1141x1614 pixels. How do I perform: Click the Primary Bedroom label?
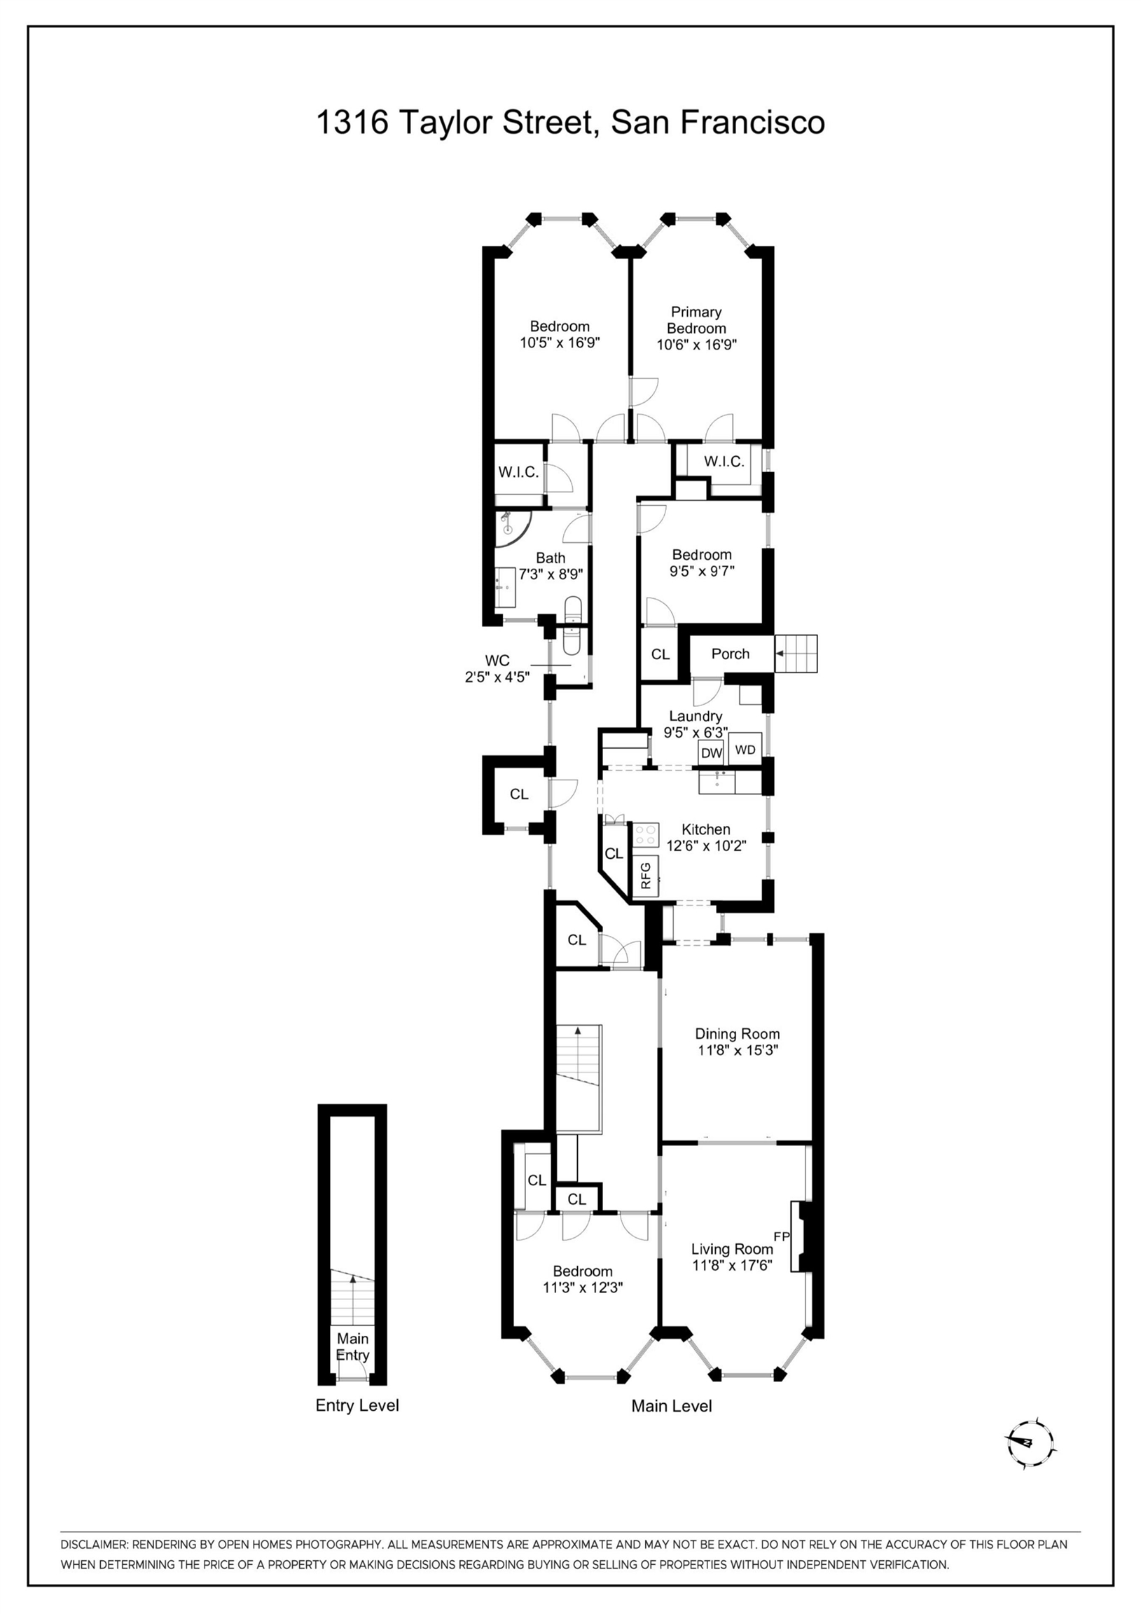point(696,320)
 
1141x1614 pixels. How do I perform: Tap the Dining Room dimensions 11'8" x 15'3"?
point(738,1050)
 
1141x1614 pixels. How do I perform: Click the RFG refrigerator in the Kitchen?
point(646,875)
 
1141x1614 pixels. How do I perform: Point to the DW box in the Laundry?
point(712,752)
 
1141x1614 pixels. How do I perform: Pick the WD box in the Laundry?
point(745,750)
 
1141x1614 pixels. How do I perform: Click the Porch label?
point(731,654)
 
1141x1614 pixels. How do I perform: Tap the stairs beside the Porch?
point(796,654)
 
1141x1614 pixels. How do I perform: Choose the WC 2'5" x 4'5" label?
point(497,668)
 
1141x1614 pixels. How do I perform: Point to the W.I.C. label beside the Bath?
point(518,472)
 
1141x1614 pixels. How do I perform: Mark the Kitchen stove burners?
point(645,835)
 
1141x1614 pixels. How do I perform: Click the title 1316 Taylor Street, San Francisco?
point(570,123)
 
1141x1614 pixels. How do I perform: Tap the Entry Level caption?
point(357,1405)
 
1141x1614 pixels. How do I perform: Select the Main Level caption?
point(672,1406)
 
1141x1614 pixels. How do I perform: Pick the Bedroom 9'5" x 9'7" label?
point(702,563)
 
